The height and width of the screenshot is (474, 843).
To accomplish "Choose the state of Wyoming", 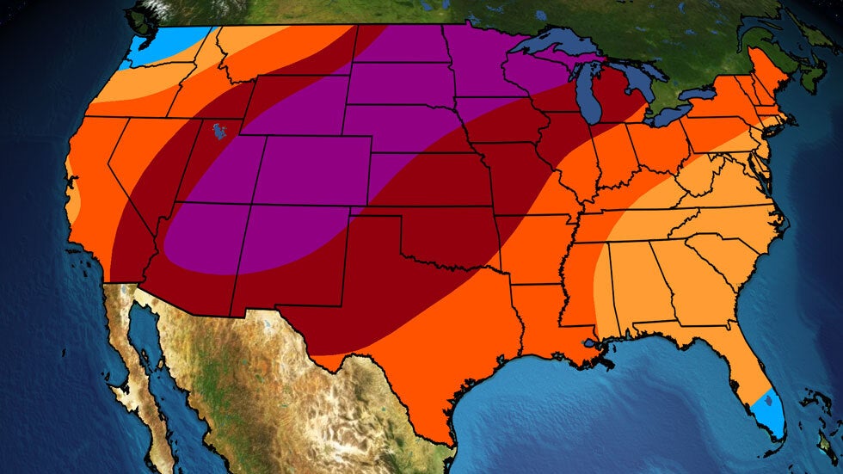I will tap(292, 103).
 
